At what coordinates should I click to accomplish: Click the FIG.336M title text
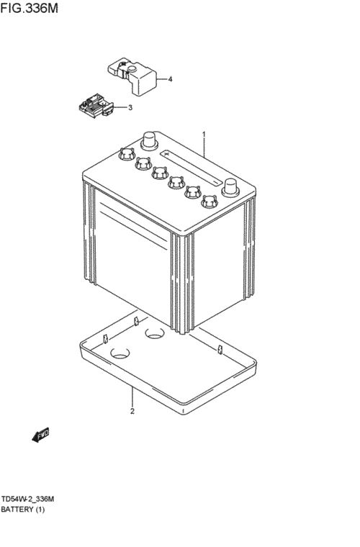[x=29, y=8]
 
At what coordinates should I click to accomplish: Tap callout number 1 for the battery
[x=204, y=135]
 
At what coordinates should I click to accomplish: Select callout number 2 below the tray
[x=132, y=411]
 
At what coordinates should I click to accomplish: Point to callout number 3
[x=130, y=107]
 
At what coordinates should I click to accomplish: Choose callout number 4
[x=170, y=79]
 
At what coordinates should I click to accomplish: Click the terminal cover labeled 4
[x=132, y=76]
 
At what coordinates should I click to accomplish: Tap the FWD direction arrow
[x=41, y=435]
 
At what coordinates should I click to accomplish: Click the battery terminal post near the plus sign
[x=149, y=140]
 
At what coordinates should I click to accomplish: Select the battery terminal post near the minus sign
[x=230, y=186]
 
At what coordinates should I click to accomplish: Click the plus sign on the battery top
[x=166, y=154]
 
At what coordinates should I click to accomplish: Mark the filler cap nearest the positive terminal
[x=126, y=153]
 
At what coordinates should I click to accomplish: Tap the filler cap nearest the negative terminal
[x=210, y=201]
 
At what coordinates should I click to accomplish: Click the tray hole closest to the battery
[x=155, y=333]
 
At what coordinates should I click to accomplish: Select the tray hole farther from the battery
[x=120, y=353]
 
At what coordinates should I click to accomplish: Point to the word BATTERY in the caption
[x=17, y=510]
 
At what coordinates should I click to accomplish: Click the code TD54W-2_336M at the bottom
[x=27, y=499]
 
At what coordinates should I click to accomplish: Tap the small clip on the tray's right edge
[x=220, y=349]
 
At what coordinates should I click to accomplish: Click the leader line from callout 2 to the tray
[x=132, y=397]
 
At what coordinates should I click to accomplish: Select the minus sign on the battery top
[x=216, y=182]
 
